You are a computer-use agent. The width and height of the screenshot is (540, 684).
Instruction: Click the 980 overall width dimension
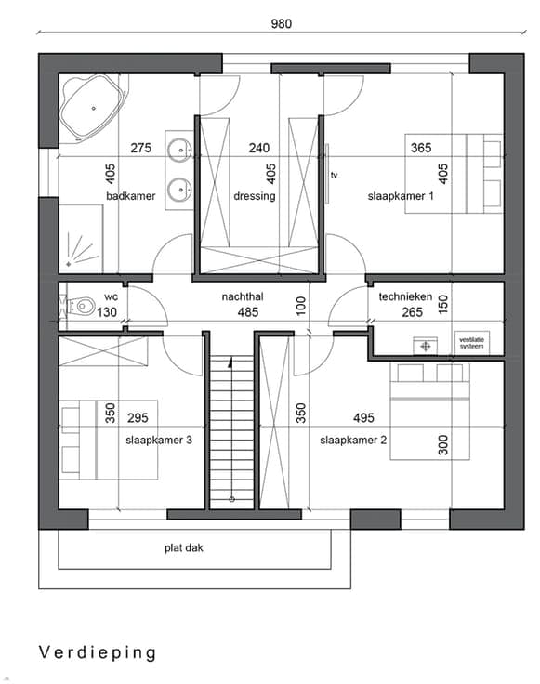pyautogui.click(x=282, y=23)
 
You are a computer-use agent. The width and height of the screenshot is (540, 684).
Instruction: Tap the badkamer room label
pyautogui.click(x=131, y=196)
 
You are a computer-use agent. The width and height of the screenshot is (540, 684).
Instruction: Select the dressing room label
pyautogui.click(x=255, y=196)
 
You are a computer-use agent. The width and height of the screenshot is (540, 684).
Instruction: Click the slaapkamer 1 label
pyautogui.click(x=401, y=196)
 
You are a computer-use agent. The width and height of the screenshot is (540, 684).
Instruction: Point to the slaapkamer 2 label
pyautogui.click(x=353, y=441)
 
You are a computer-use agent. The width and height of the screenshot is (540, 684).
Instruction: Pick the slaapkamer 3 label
pyautogui.click(x=159, y=440)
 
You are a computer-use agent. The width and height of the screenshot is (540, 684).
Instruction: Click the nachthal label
pyautogui.click(x=243, y=296)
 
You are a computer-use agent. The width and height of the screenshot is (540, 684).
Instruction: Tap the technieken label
pyautogui.click(x=405, y=296)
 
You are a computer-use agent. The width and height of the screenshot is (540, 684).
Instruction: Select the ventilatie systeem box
pyautogui.click(x=471, y=343)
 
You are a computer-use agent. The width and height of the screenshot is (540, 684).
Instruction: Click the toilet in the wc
pyautogui.click(x=82, y=306)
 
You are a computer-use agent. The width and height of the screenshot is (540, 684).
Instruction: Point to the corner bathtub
pyautogui.click(x=92, y=108)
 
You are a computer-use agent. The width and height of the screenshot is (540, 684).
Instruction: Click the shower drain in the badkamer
pyautogui.click(x=69, y=264)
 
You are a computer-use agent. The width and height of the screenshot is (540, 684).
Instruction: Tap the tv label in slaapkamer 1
pyautogui.click(x=334, y=176)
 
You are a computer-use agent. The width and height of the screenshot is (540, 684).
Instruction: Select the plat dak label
pyautogui.click(x=184, y=548)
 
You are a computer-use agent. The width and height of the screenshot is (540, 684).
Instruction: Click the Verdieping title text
pyautogui.click(x=98, y=652)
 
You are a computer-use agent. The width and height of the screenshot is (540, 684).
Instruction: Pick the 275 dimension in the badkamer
pyautogui.click(x=141, y=148)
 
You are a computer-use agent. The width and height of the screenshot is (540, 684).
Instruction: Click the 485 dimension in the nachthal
pyautogui.click(x=248, y=312)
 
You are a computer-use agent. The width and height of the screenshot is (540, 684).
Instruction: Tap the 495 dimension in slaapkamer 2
pyautogui.click(x=363, y=418)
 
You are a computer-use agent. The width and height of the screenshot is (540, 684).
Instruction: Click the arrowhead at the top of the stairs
pyautogui.click(x=230, y=362)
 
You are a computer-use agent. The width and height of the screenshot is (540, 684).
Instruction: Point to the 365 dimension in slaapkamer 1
pyautogui.click(x=421, y=148)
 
